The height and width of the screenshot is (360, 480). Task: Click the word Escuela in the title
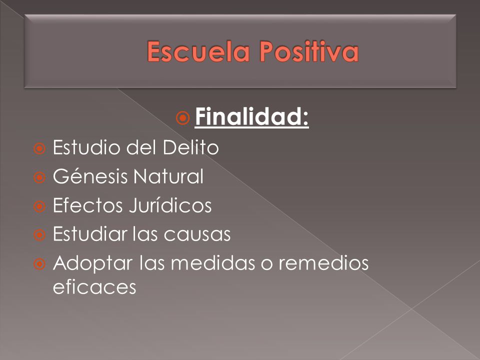[x=198, y=51]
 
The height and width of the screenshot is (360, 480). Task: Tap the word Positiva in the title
[x=309, y=51]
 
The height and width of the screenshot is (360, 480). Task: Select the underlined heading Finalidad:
[x=251, y=116]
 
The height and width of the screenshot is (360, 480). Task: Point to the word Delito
[x=190, y=147]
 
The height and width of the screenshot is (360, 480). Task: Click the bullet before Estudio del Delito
[x=39, y=149]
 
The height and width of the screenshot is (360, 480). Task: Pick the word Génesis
[x=90, y=176]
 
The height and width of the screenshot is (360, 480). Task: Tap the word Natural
[x=168, y=176]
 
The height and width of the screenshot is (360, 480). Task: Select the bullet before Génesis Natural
[x=39, y=177]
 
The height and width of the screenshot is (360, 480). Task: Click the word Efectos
[x=88, y=205]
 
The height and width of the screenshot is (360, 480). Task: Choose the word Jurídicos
[x=170, y=205]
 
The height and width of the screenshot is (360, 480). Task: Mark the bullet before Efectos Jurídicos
[x=39, y=206]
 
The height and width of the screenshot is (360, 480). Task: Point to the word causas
[x=197, y=234]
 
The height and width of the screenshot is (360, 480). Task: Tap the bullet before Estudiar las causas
[x=39, y=235]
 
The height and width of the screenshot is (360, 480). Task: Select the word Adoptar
[x=93, y=263]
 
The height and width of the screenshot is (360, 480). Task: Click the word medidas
[x=213, y=262]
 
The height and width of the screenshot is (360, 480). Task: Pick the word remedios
[x=323, y=262]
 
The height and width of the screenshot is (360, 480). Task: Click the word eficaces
[x=94, y=287]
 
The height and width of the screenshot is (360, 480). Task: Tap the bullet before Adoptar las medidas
[x=39, y=264]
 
